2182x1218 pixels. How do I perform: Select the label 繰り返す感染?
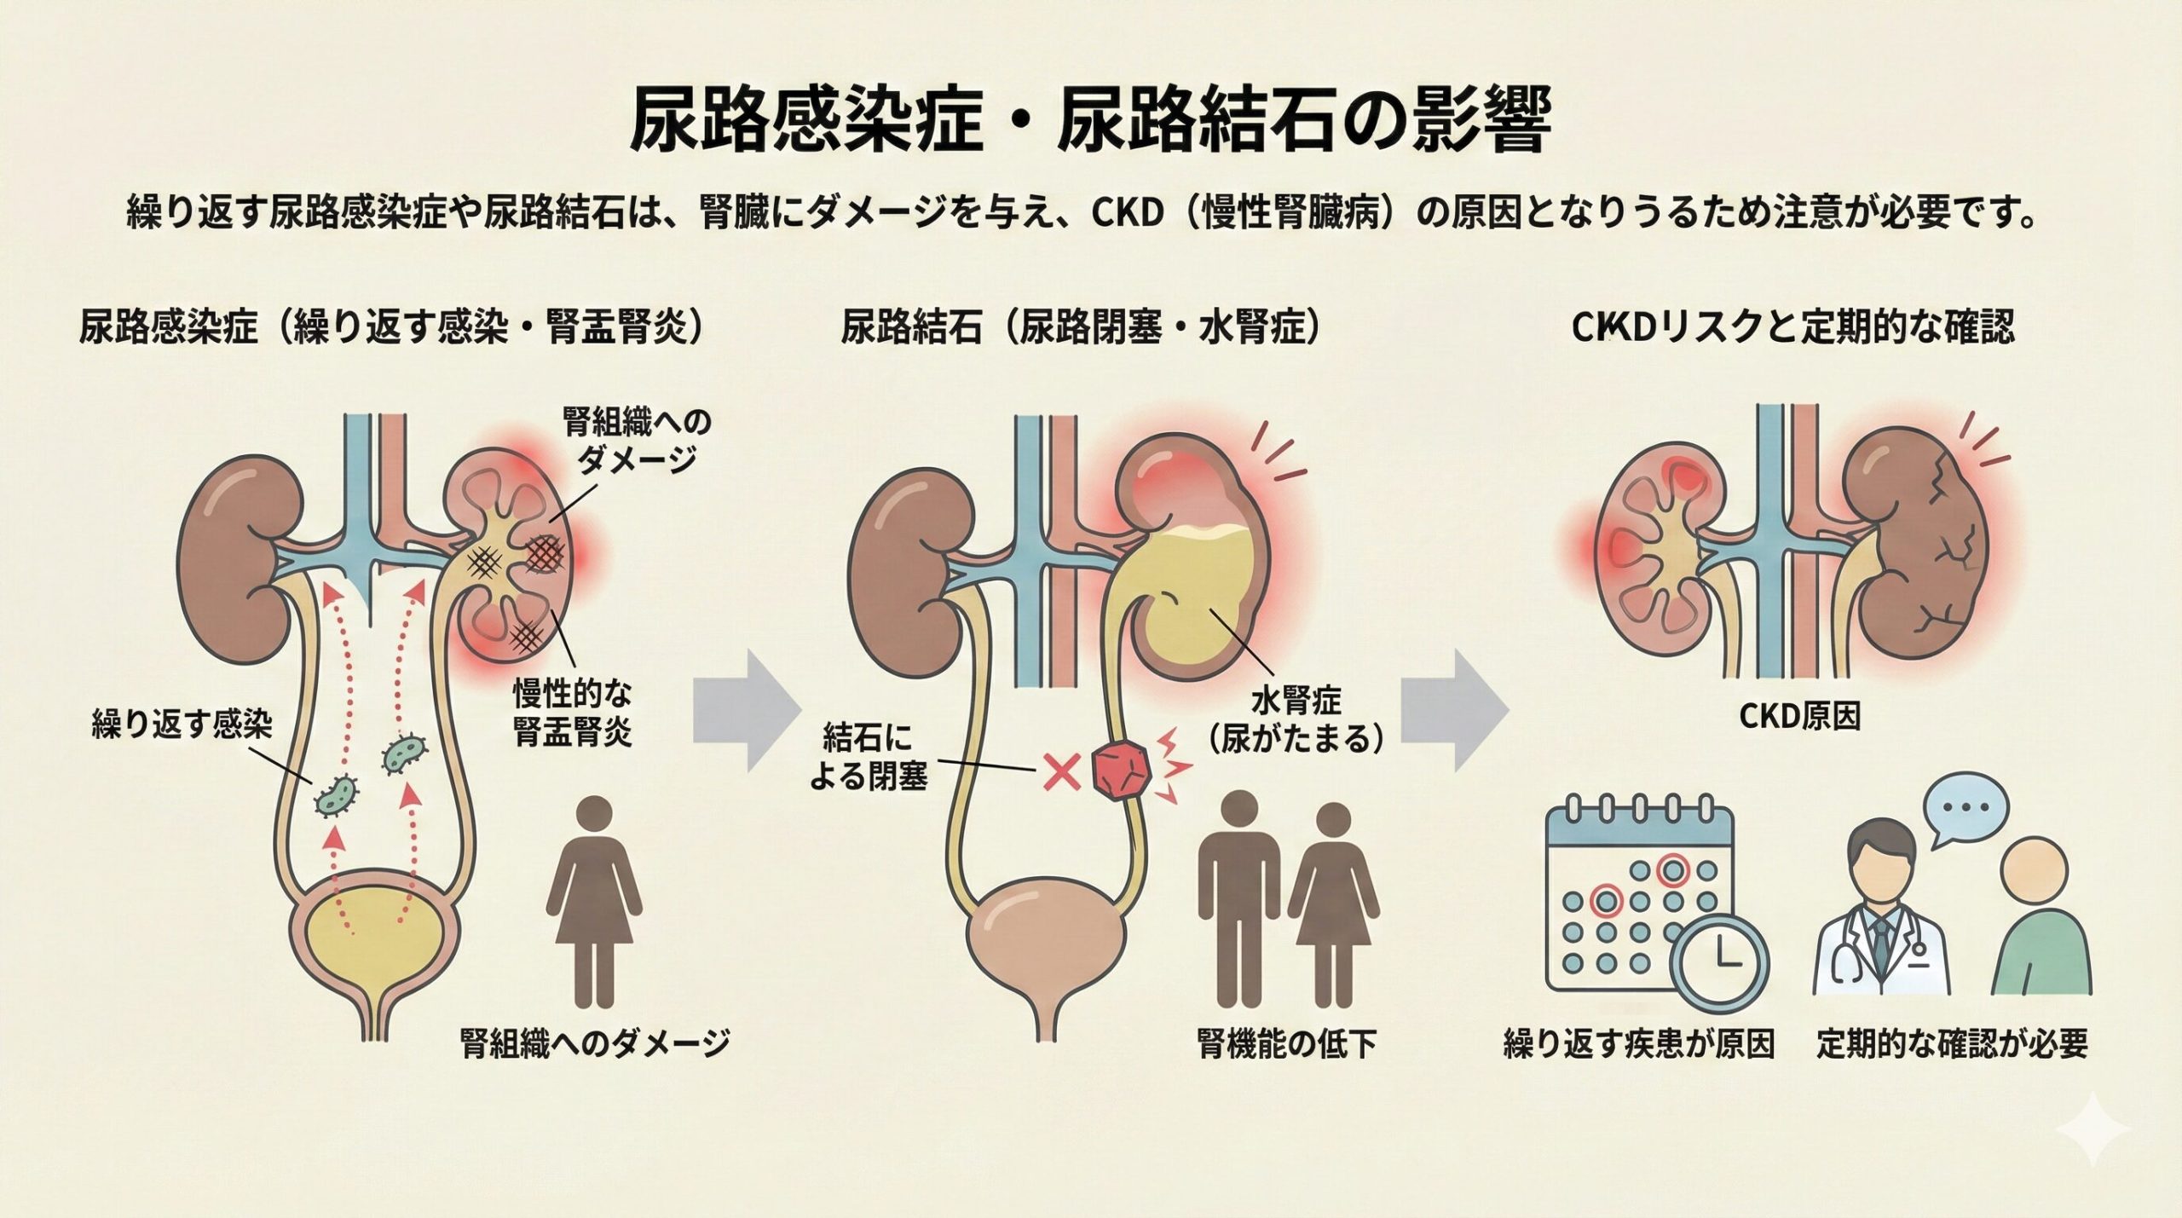tap(182, 726)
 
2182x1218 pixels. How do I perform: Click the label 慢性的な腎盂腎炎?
tap(572, 713)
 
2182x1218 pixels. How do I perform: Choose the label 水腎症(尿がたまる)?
tap(1296, 719)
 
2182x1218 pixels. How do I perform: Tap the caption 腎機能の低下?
tap(1286, 1045)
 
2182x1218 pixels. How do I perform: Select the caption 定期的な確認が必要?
tap(1951, 1044)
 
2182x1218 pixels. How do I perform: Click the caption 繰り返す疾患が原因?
tap(1638, 1044)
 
